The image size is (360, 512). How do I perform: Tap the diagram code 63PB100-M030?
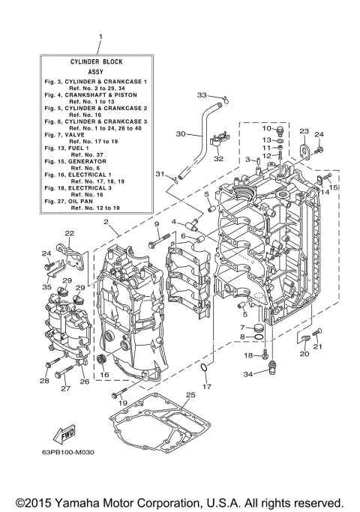(x=73, y=452)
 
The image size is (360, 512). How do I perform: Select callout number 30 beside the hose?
(x=179, y=134)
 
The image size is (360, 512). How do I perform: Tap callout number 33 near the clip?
(x=201, y=94)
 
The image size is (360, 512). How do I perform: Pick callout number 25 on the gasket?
(x=190, y=394)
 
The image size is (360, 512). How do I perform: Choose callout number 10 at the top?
(x=265, y=128)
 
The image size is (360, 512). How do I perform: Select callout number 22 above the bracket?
(x=69, y=234)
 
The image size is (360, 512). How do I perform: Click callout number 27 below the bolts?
(x=65, y=388)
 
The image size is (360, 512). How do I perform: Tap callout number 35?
(x=46, y=287)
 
